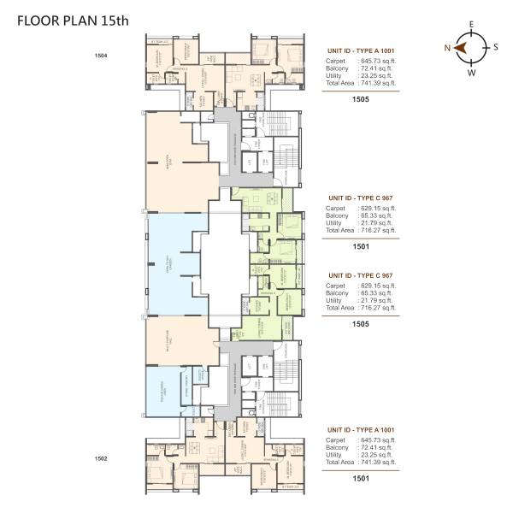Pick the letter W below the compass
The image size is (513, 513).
coord(469,73)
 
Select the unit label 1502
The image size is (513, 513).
coord(101,458)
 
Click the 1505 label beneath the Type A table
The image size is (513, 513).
coord(360,97)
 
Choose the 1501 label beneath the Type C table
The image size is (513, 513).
coord(360,245)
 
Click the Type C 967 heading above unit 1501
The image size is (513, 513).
coord(360,198)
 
